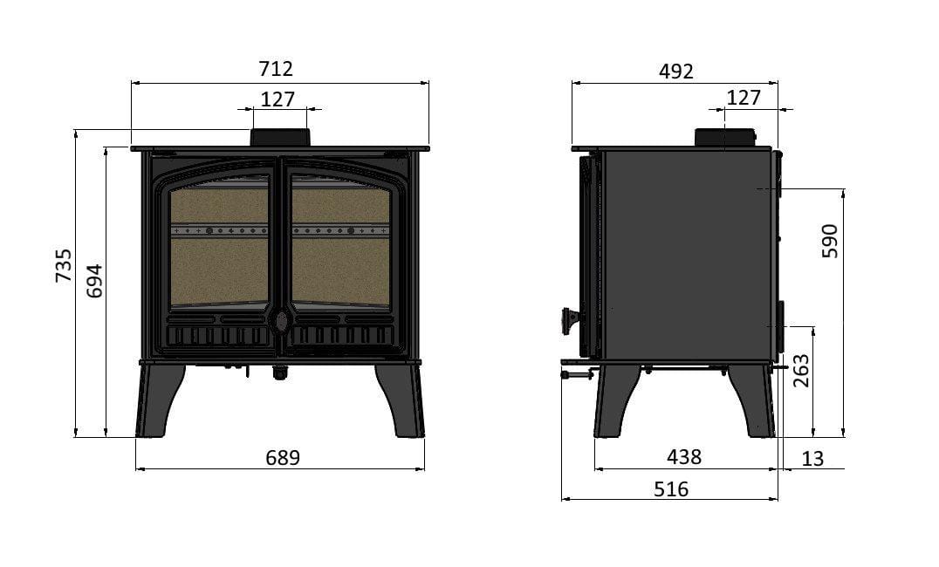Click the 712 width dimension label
coord(276,69)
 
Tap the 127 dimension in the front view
coord(278,99)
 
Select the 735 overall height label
coord(63,265)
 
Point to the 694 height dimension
coord(94,281)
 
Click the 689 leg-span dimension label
coord(283,457)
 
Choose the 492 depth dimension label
coord(676,72)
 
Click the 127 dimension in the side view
coord(744,98)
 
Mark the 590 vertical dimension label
coord(830,241)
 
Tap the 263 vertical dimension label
coord(800,371)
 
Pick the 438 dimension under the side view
coord(684,457)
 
